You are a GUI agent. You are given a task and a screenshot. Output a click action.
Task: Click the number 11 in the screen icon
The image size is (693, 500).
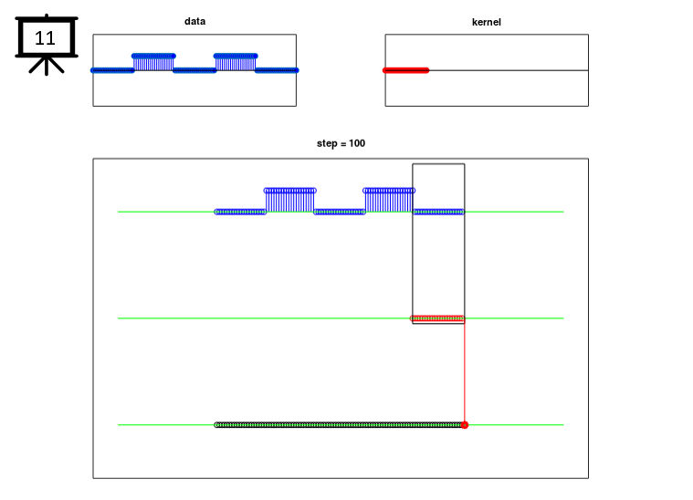point(45,38)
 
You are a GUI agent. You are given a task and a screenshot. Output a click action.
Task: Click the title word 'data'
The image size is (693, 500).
point(194,21)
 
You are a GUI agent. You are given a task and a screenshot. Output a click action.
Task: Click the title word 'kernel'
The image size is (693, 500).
point(487,22)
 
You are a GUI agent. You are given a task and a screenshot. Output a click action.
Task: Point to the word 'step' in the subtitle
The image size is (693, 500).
point(327,143)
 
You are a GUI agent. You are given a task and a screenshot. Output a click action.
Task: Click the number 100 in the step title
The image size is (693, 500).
point(357,143)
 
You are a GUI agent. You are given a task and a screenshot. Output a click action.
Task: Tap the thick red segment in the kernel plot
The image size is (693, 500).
point(405,70)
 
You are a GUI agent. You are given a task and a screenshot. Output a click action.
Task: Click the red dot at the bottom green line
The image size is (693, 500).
point(465,425)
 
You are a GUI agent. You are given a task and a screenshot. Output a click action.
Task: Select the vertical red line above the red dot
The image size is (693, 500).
point(465,371)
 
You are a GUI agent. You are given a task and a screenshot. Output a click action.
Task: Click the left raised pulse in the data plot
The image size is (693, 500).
point(153,62)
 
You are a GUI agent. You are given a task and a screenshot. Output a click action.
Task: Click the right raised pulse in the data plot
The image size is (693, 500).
point(236,62)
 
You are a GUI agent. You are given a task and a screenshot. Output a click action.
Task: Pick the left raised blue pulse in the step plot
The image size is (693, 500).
point(290,201)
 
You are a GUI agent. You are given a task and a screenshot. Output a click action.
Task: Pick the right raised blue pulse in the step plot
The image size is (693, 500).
point(389,201)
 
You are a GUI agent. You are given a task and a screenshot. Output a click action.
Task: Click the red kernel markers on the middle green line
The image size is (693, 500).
point(437,318)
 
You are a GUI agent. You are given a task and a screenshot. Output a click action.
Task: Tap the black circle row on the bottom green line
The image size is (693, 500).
point(338,425)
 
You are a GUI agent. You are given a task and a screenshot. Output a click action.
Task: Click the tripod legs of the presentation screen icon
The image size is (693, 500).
point(47,66)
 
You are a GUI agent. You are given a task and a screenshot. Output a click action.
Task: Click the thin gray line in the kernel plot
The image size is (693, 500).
point(509,70)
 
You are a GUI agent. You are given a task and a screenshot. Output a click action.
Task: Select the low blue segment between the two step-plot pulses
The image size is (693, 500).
point(340,212)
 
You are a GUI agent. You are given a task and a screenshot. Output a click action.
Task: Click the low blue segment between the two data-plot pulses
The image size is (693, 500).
point(194,70)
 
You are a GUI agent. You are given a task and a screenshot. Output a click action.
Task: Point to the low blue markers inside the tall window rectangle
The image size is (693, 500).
point(438,212)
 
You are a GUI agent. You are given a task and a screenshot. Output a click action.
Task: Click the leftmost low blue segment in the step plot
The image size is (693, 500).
point(240,212)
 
